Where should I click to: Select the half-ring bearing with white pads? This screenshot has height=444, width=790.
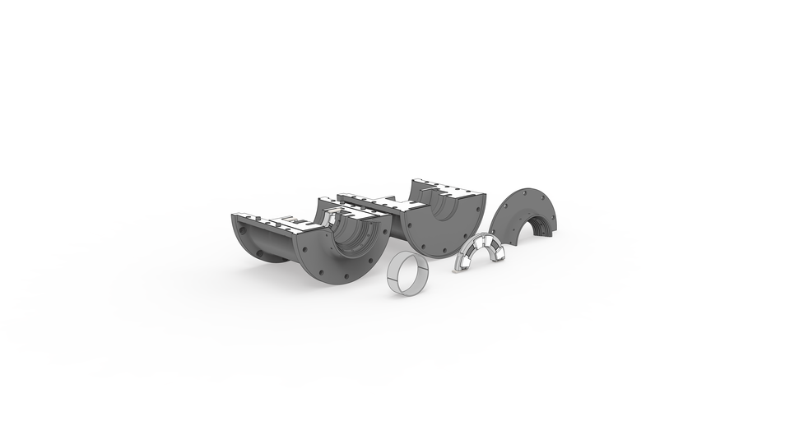point(481,251)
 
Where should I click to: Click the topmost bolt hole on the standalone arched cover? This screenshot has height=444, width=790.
point(524,192)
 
